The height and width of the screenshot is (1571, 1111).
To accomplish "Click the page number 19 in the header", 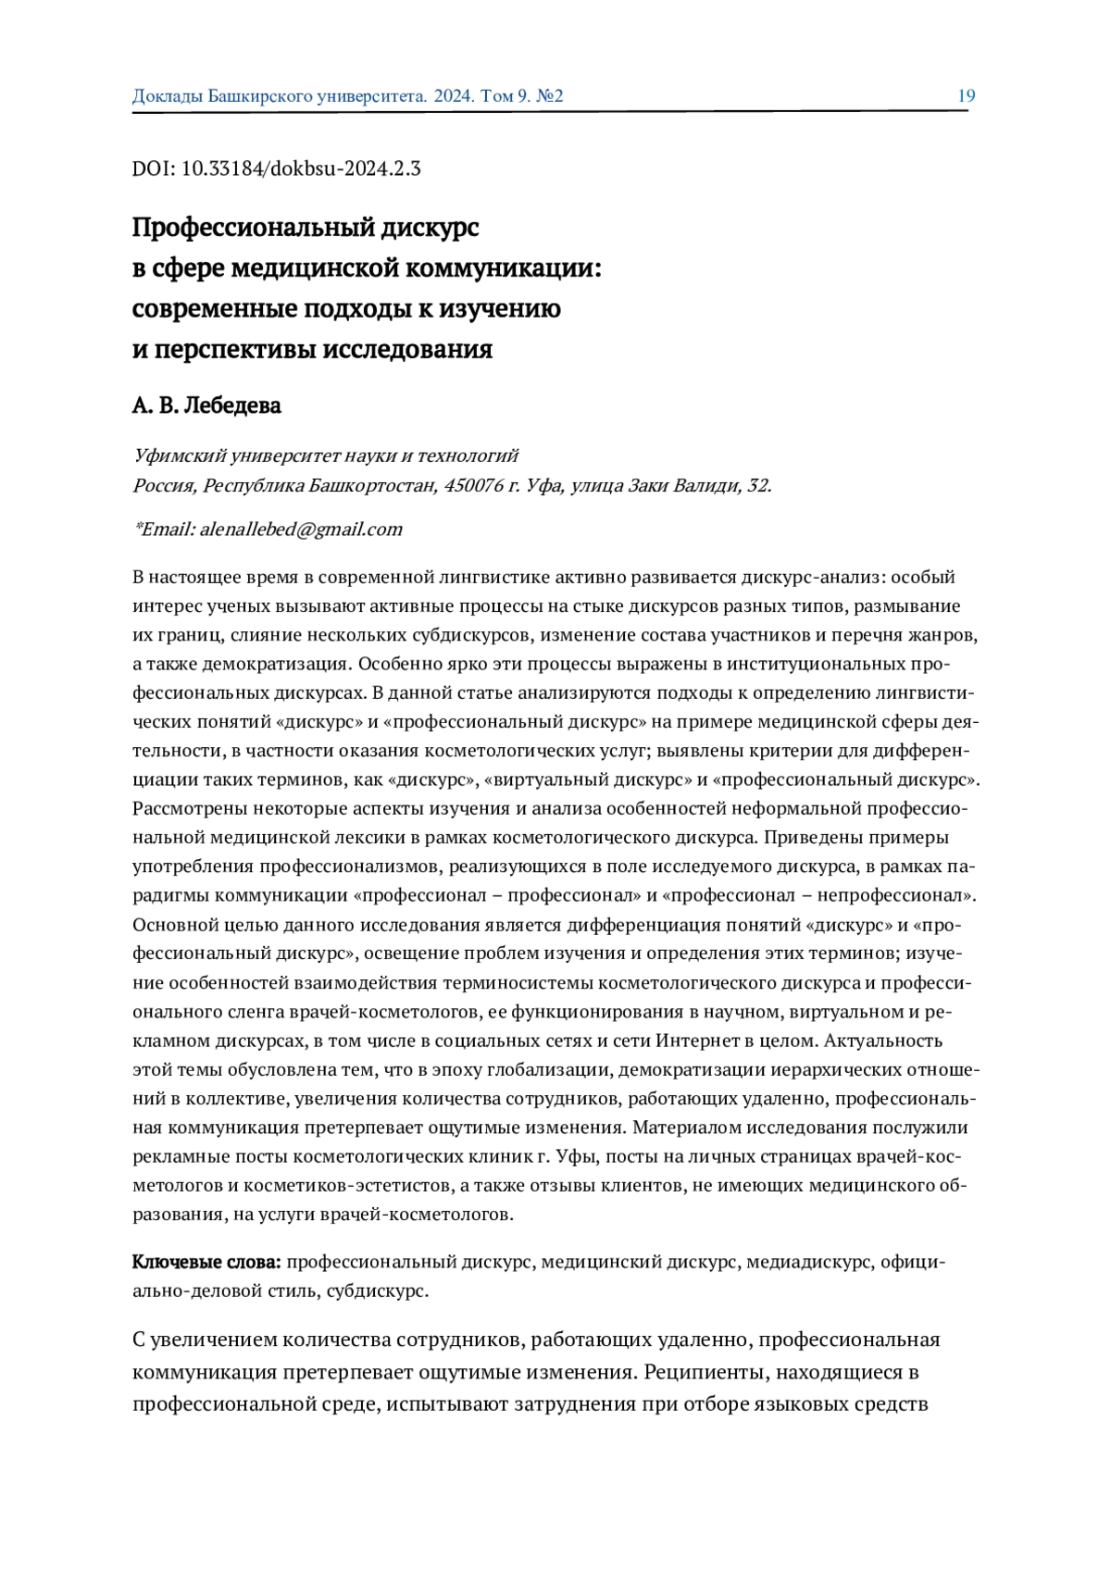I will (x=966, y=95).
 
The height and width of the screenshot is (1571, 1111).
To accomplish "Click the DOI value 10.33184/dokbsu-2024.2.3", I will (x=301, y=168).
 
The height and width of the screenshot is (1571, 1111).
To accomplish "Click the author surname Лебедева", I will (x=232, y=405).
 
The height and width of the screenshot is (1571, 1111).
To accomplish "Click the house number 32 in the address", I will (x=758, y=486).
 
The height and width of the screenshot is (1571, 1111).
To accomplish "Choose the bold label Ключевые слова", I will (x=206, y=1262).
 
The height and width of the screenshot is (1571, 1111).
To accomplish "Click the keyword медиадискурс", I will (x=808, y=1262).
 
